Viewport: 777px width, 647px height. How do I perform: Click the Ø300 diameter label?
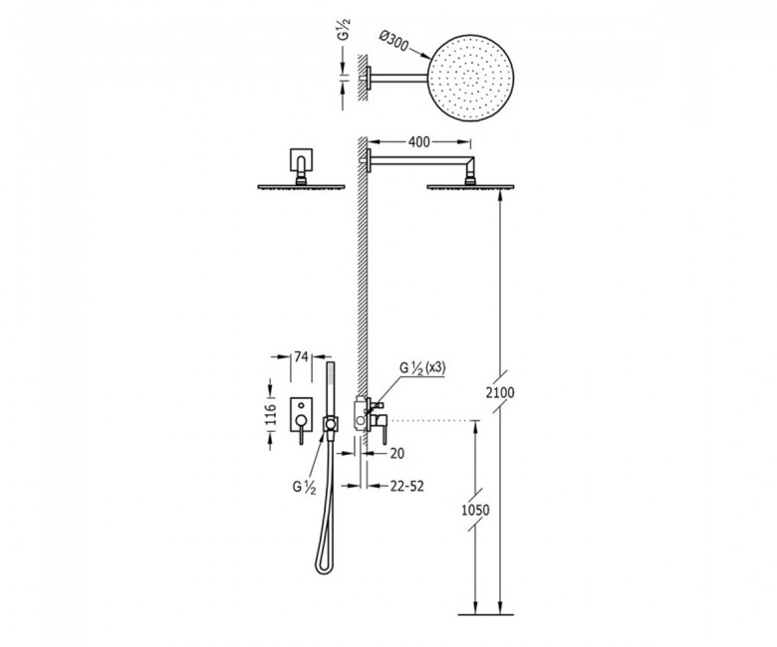[x=393, y=41]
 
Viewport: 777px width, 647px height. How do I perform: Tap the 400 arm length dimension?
[x=418, y=142]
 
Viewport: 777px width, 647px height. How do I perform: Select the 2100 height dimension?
[x=500, y=393]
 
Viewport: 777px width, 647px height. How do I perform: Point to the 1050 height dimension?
[x=475, y=510]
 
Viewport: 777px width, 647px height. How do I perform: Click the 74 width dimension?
[x=301, y=356]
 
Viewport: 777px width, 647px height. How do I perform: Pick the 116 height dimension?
[x=271, y=414]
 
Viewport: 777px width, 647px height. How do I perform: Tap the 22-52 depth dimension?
[x=407, y=486]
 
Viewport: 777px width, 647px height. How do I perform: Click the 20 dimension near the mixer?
[x=396, y=453]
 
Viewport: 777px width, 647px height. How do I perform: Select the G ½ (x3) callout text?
[x=422, y=368]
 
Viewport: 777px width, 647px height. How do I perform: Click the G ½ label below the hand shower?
[x=304, y=487]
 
